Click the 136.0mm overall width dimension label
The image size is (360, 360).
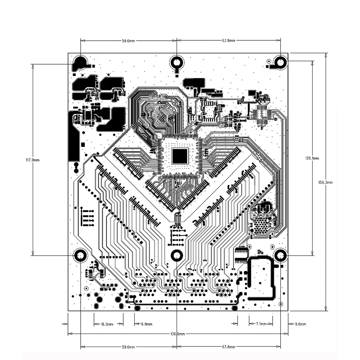point(177,334)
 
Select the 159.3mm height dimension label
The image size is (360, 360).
point(325,183)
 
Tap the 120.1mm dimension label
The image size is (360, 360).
point(312,158)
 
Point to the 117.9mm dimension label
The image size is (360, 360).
point(33,160)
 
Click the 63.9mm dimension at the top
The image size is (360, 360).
point(228,41)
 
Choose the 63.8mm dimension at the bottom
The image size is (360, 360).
point(228,347)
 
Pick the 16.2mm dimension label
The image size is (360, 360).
point(107,324)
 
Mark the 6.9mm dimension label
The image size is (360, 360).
point(146,324)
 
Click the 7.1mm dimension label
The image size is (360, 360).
point(261,324)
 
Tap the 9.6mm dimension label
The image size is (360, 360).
point(300,324)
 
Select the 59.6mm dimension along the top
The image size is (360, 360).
point(128,41)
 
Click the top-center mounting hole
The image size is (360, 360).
point(177,62)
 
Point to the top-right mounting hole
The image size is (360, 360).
point(281,62)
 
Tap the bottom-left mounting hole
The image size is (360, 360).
point(81,256)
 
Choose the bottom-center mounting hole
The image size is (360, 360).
point(177,256)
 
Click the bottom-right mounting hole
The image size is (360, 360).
point(281,256)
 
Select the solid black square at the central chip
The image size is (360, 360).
point(180,156)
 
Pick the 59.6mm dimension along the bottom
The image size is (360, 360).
point(128,347)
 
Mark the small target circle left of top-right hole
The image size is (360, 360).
point(269,61)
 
